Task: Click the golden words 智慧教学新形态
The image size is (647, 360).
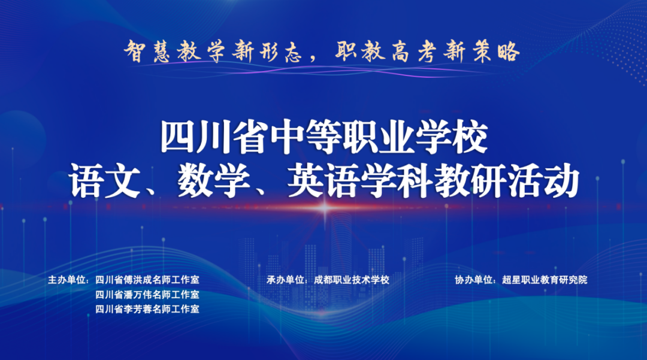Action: click(213, 52)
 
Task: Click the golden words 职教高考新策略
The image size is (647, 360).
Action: click(427, 52)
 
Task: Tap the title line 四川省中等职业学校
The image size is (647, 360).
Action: click(324, 137)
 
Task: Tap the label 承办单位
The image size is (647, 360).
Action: click(285, 280)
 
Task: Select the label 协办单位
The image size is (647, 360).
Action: click(473, 280)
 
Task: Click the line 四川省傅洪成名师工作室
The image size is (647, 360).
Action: click(147, 280)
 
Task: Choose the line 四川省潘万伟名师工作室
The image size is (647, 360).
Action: click(147, 295)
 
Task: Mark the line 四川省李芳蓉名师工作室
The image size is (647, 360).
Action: click(147, 309)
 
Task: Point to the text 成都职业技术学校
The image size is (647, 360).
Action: click(352, 280)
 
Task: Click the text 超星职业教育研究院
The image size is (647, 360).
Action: click(545, 280)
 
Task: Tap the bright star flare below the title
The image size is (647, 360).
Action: click(324, 208)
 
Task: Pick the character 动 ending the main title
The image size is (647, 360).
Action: click(561, 181)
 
